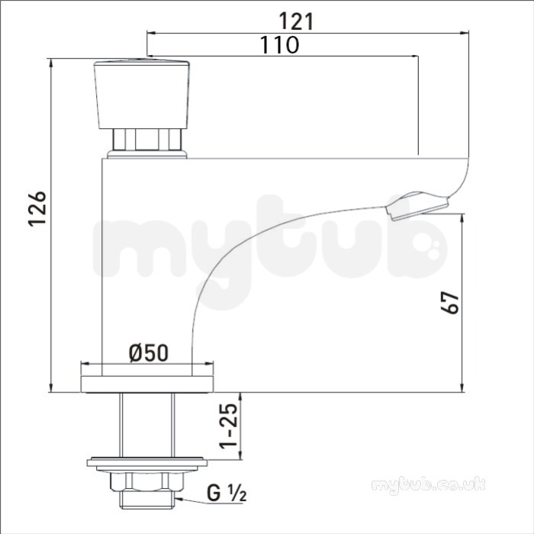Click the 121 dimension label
click(x=296, y=21)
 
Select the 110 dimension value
click(x=280, y=44)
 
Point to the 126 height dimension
click(x=37, y=209)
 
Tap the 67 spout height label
click(x=450, y=302)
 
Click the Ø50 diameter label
click(x=149, y=352)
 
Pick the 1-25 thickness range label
click(x=228, y=426)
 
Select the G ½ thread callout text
click(x=227, y=494)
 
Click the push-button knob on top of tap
click(x=141, y=95)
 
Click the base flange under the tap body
click(x=147, y=384)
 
